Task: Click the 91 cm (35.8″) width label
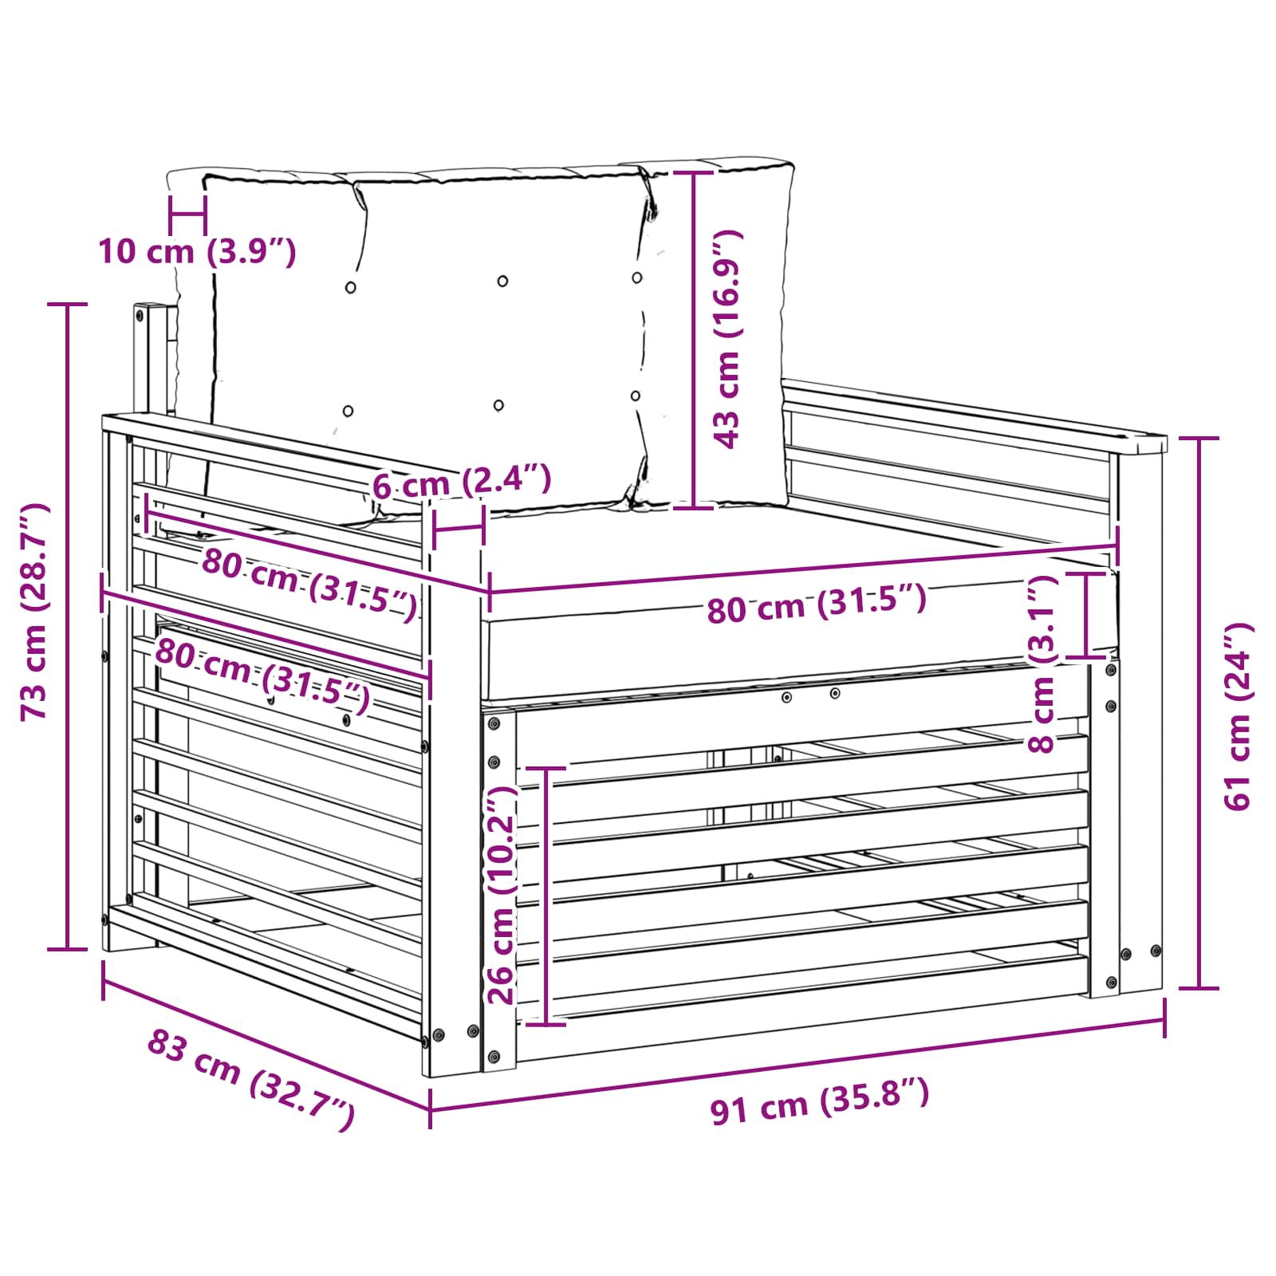tap(820, 1101)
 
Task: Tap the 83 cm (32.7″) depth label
tap(250, 1079)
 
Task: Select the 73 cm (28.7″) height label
tap(36, 612)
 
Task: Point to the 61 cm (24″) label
tap(1239, 716)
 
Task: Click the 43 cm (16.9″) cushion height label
tap(728, 339)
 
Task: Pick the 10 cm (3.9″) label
tap(197, 252)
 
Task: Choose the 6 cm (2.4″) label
tap(462, 482)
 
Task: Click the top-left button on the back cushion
tap(350, 287)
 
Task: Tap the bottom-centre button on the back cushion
tap(498, 406)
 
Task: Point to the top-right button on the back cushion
tap(637, 278)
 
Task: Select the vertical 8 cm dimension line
tap(1086, 614)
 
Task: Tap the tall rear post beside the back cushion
tap(148, 359)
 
